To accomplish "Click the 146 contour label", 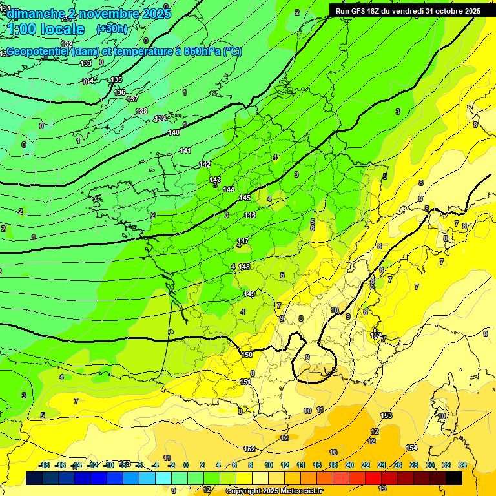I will click(250, 215).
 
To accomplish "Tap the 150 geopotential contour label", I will click(247, 355).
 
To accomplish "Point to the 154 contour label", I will click(411, 448).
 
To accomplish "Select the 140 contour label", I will click(174, 132).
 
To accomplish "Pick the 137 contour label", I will click(132, 99).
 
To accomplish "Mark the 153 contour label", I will click(386, 415).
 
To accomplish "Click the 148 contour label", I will click(244, 267).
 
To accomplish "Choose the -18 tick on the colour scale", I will click(44, 465).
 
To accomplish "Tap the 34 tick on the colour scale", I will click(462, 465).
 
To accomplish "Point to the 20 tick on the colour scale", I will click(349, 465).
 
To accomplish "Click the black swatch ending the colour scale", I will click(454, 478).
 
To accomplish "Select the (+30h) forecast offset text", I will click(112, 29).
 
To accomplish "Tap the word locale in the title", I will click(62, 29).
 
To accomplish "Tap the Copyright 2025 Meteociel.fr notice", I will click(274, 491).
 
